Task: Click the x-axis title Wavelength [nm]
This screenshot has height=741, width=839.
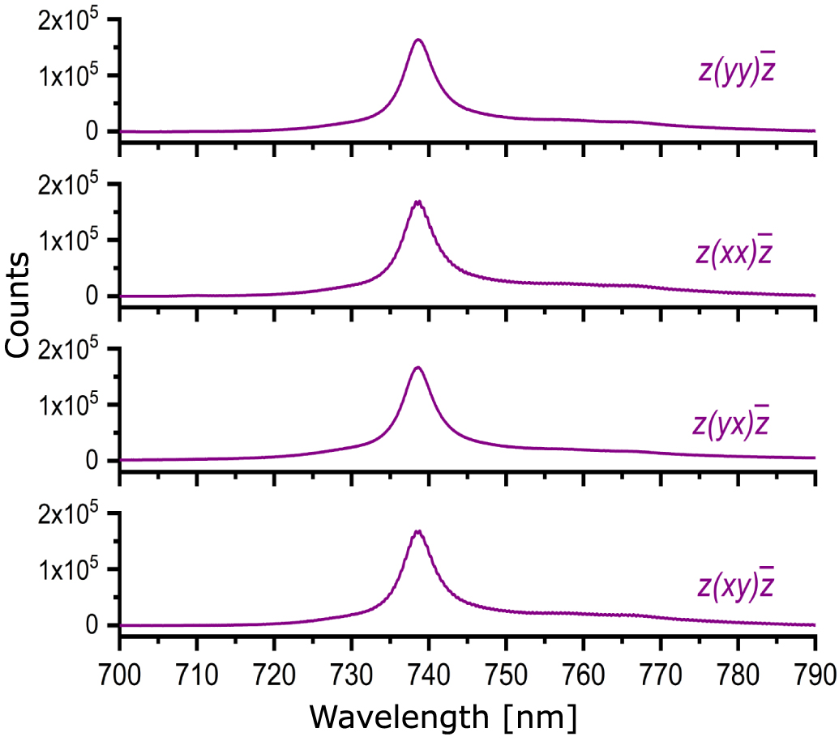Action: click(x=443, y=717)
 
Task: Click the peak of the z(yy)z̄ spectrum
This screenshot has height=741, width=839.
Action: click(x=418, y=40)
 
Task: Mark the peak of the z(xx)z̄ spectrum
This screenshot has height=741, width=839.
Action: click(x=417, y=202)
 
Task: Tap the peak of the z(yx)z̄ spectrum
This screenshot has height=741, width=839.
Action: click(x=418, y=368)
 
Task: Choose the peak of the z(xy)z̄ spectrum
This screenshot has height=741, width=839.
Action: click(x=417, y=531)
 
